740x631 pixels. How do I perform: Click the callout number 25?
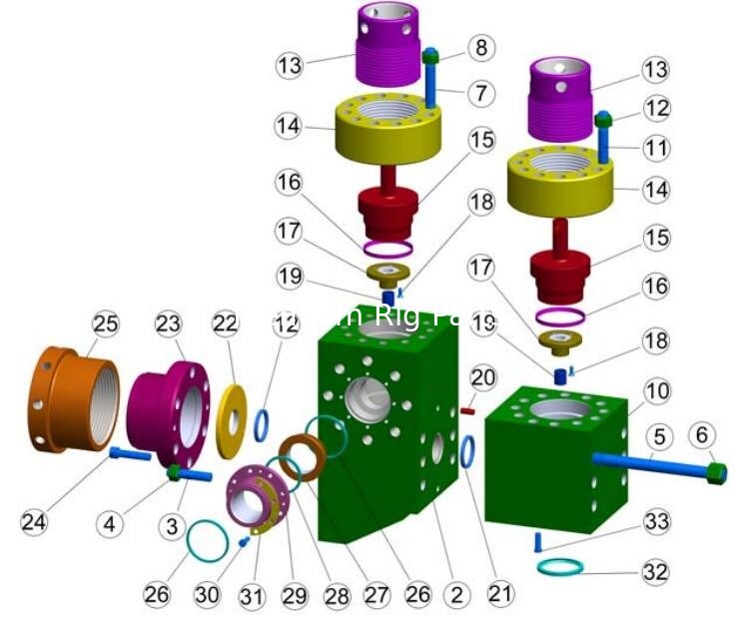click(x=105, y=323)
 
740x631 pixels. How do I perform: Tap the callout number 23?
click(x=167, y=323)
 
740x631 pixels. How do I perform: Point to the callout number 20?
click(x=483, y=378)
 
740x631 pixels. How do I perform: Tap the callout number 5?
click(x=655, y=436)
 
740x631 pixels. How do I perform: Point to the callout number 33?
click(x=656, y=522)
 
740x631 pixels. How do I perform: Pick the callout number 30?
click(x=207, y=595)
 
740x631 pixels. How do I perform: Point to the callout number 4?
click(x=112, y=521)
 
